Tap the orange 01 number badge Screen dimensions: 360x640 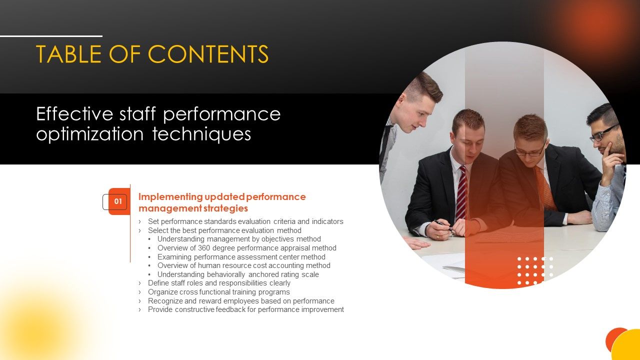[x=118, y=202]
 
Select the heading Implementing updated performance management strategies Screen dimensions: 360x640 [x=221, y=202]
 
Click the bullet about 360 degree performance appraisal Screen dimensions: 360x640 [x=246, y=248]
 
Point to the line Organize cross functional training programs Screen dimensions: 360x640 [x=218, y=292]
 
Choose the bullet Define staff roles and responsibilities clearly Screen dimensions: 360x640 [x=219, y=283]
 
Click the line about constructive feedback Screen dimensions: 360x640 [x=245, y=309]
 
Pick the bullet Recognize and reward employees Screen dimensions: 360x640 [x=241, y=301]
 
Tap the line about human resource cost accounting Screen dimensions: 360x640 [x=243, y=265]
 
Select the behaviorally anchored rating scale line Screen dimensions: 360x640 [x=238, y=274]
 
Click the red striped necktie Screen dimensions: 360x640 [x=461, y=192]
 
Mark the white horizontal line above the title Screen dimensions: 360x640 [x=51, y=36]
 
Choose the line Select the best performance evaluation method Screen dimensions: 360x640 [x=224, y=230]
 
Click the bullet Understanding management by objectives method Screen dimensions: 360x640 [x=239, y=239]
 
